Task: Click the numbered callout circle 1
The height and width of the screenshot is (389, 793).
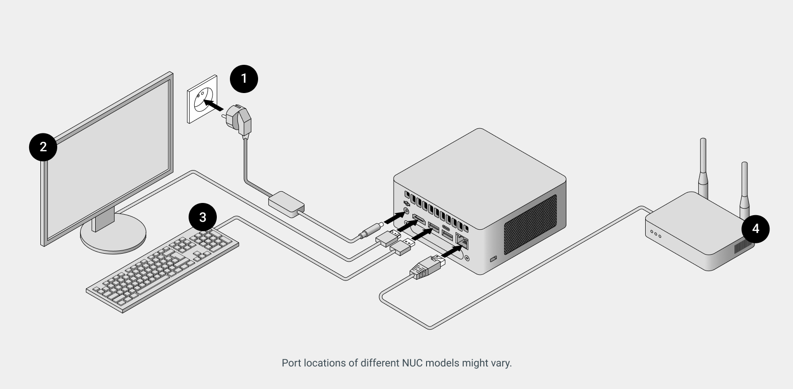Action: (244, 78)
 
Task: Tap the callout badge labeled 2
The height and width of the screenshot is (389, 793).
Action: (43, 147)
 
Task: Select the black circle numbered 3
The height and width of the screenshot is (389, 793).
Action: (203, 218)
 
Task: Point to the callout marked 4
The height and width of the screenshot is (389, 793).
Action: (755, 229)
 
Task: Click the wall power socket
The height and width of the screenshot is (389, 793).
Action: (202, 99)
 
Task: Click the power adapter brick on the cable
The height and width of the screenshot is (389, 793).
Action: (287, 203)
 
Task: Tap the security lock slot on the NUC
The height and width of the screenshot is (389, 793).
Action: (493, 259)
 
